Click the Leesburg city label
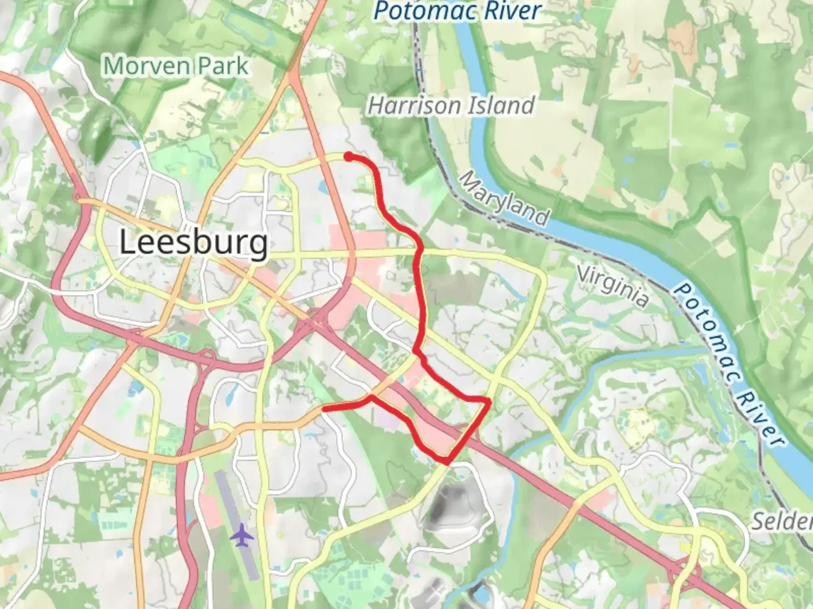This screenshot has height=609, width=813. click(x=194, y=243)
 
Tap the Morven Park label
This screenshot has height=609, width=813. click(x=176, y=66)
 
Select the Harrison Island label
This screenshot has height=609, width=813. click(x=451, y=105)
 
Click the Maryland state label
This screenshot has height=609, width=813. click(x=504, y=198)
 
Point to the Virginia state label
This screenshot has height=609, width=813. click(x=613, y=287)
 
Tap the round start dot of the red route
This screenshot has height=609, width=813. click(x=349, y=156)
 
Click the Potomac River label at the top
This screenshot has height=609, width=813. click(x=457, y=11)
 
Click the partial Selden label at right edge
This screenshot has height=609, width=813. click(x=782, y=522)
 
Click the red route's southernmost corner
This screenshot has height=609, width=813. click(x=447, y=462)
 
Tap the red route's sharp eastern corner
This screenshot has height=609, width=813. click(x=488, y=400)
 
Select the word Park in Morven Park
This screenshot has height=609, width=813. click(x=222, y=66)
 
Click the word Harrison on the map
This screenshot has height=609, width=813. click(x=415, y=105)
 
